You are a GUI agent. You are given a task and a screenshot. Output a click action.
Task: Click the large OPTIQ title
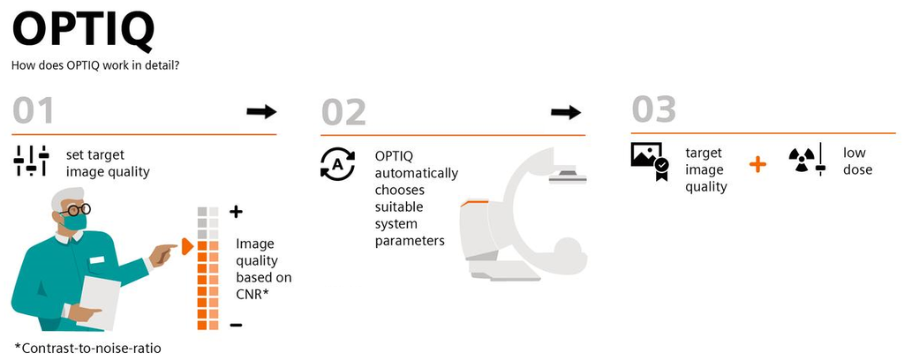[83, 32]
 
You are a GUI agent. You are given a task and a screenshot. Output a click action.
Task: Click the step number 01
[34, 111]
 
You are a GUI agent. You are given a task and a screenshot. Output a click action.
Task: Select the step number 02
[343, 112]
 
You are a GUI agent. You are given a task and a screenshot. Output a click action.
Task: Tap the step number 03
[653, 110]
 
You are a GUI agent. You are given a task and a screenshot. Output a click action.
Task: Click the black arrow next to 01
[261, 111]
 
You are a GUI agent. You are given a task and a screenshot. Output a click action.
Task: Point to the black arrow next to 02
[566, 112]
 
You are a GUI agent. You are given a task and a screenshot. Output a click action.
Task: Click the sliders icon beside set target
[32, 161]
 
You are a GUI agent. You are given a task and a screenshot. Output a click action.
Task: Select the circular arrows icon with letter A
[336, 165]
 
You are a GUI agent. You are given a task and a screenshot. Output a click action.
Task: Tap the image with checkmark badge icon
[649, 161]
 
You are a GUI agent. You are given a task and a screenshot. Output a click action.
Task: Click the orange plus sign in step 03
[757, 164]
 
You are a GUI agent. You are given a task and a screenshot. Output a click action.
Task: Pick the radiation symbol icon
[801, 160]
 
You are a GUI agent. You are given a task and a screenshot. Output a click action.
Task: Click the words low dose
[856, 161]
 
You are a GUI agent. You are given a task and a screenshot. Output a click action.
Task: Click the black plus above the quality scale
[236, 212]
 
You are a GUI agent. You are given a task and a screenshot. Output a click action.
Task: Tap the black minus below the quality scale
[236, 326]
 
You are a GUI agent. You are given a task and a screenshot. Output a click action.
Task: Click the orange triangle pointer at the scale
[186, 247]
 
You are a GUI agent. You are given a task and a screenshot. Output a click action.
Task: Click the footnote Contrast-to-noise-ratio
[88, 347]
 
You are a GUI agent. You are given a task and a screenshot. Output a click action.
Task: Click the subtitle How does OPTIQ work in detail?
[95, 65]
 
